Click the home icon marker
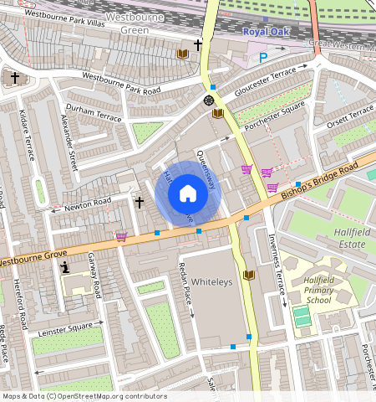[188, 194]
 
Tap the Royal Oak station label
[266, 32]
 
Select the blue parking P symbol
[263, 58]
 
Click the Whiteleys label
[211, 281]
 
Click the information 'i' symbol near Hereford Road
[64, 268]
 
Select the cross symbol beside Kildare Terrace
[16, 78]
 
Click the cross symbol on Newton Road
[140, 201]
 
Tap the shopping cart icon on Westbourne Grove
[122, 237]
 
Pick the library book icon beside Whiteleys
[247, 275]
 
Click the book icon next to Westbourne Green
[182, 54]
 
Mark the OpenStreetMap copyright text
[84, 396]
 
